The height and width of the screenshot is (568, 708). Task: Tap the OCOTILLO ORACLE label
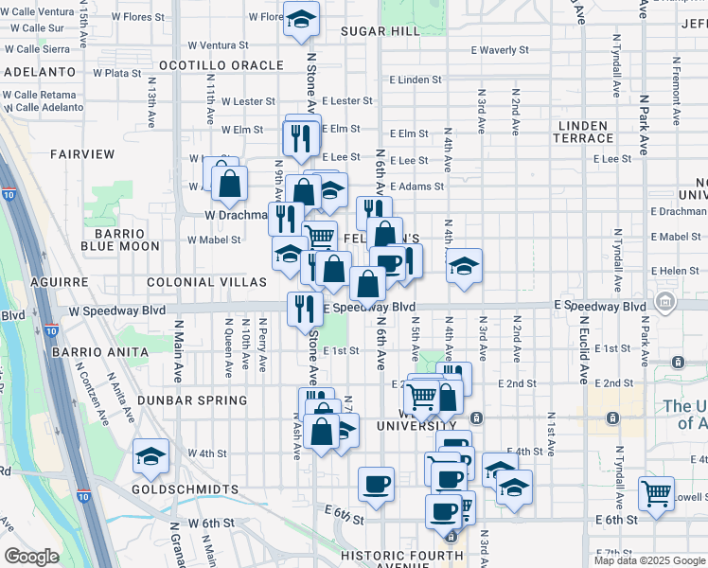pyautogui.click(x=221, y=65)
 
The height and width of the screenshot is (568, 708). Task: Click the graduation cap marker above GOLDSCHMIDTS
pyautogui.click(x=151, y=457)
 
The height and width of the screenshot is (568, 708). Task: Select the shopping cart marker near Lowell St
pyautogui.click(x=656, y=493)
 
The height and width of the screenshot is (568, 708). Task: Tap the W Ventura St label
pyautogui.click(x=218, y=44)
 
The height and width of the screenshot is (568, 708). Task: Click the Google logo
pyautogui.click(x=32, y=557)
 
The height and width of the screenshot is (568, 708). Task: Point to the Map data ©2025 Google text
pyautogui.click(x=649, y=560)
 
